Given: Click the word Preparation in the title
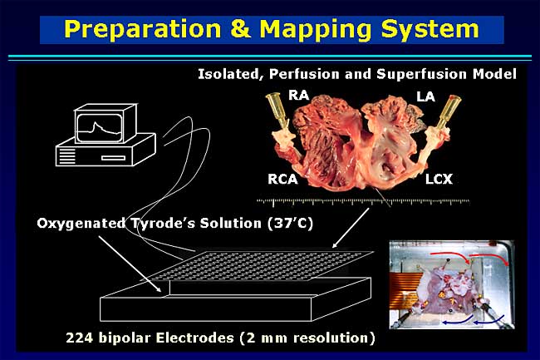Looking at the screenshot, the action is [142, 29].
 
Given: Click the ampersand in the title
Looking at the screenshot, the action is [240, 28].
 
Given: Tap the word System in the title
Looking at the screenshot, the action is [430, 30].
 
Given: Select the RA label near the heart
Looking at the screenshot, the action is [298, 95].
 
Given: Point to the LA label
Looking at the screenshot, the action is [425, 96].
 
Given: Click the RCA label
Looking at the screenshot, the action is [282, 179].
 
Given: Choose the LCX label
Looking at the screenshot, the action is [439, 179].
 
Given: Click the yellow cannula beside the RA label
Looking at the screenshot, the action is [278, 111].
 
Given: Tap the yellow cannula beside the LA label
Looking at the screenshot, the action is [449, 111].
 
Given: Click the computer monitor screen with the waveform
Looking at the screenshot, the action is [99, 127].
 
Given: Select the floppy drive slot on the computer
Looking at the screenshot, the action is [113, 158].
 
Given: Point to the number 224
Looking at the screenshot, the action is [80, 338].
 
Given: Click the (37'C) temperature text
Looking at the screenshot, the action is [290, 224].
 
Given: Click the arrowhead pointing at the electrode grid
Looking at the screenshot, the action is [334, 245].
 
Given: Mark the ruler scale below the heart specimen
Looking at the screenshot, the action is [363, 202].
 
